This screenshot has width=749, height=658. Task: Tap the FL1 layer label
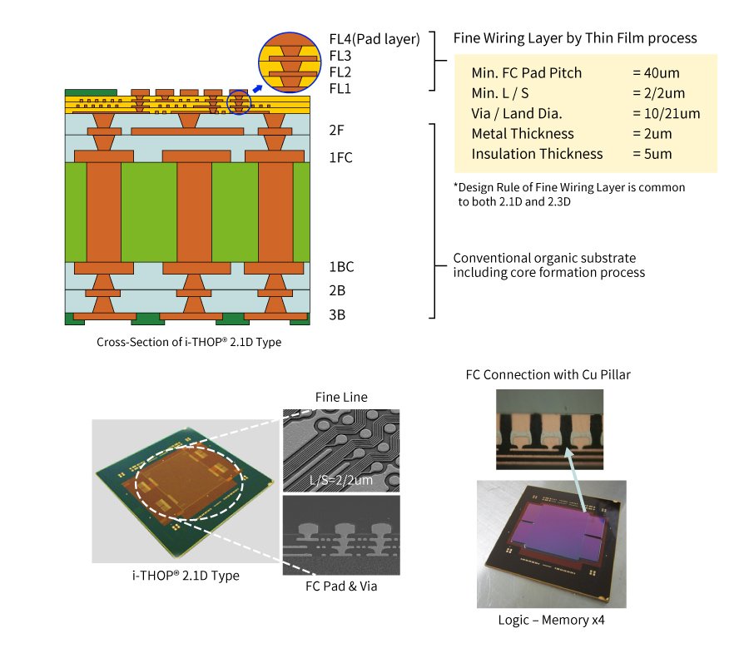click(x=340, y=88)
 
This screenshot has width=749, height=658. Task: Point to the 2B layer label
click(x=337, y=290)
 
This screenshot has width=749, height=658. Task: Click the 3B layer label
click(x=337, y=315)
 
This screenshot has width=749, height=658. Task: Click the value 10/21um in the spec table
click(x=666, y=113)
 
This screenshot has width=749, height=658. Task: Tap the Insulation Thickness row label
click(x=537, y=154)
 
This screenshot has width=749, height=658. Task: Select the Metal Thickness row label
click(x=522, y=133)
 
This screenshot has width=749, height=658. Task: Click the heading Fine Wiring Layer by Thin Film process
click(x=575, y=38)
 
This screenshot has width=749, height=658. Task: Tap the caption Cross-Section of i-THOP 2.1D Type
click(x=189, y=342)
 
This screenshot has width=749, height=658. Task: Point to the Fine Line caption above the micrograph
click(x=341, y=397)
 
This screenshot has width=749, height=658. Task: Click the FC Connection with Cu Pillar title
click(x=548, y=374)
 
